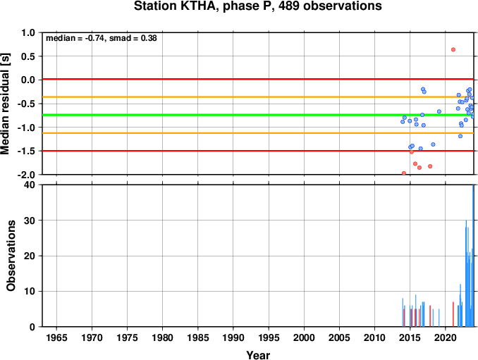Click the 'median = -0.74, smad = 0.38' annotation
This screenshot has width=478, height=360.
coord(102,38)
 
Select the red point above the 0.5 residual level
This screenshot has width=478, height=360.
coord(453,49)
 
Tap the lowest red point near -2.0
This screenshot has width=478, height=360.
coord(404,173)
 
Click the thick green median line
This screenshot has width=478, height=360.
coord(258,115)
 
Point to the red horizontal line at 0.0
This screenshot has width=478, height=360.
coord(258,79)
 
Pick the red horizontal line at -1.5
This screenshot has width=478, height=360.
coord(258,151)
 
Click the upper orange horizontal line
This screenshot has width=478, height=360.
coord(258,97)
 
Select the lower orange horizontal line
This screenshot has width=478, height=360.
coord(258,133)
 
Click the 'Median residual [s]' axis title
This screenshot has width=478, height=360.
coord(5,104)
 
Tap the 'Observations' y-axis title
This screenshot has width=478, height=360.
coord(11,256)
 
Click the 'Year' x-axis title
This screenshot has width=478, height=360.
coord(258,355)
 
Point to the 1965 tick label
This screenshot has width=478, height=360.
coord(56,337)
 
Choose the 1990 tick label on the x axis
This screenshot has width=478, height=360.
coord(233,337)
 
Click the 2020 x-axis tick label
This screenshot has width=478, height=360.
coord(446,337)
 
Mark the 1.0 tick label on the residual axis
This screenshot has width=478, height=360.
coord(28,32)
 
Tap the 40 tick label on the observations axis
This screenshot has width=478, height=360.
coord(30,185)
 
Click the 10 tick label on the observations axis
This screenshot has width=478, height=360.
coord(30,292)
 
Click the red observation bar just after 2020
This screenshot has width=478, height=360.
coord(453,314)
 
